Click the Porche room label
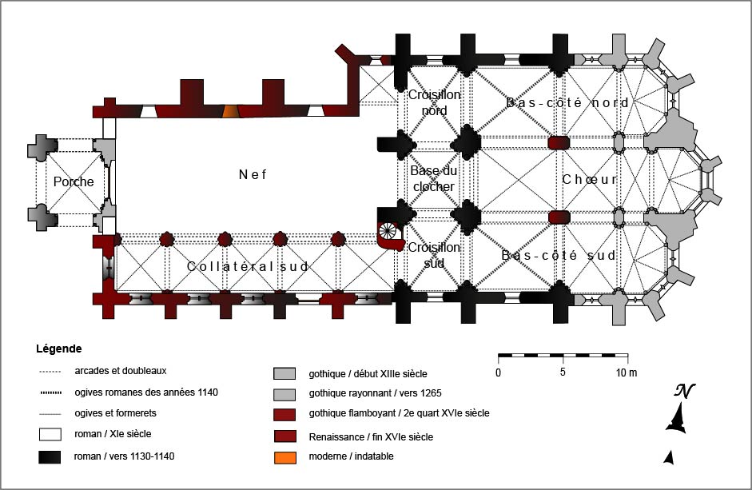pyautogui.click(x=74, y=181)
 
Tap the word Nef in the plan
pyautogui.click(x=253, y=174)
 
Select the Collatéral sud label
pyautogui.click(x=248, y=266)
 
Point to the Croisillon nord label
pyautogui.click(x=434, y=102)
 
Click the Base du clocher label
pyautogui.click(x=432, y=178)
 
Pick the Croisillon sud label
pyautogui.click(x=434, y=254)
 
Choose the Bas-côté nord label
pyautogui.click(x=567, y=103)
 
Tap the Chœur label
pyautogui.click(x=590, y=179)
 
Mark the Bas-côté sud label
pyautogui.click(x=559, y=256)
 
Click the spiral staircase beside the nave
pyautogui.click(x=389, y=233)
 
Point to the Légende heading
pyautogui.click(x=58, y=349)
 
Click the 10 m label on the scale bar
pyautogui.click(x=626, y=372)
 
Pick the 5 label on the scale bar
pyautogui.click(x=563, y=372)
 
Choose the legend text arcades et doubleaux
pyautogui.click(x=120, y=371)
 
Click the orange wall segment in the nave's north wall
pyautogui.click(x=229, y=112)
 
